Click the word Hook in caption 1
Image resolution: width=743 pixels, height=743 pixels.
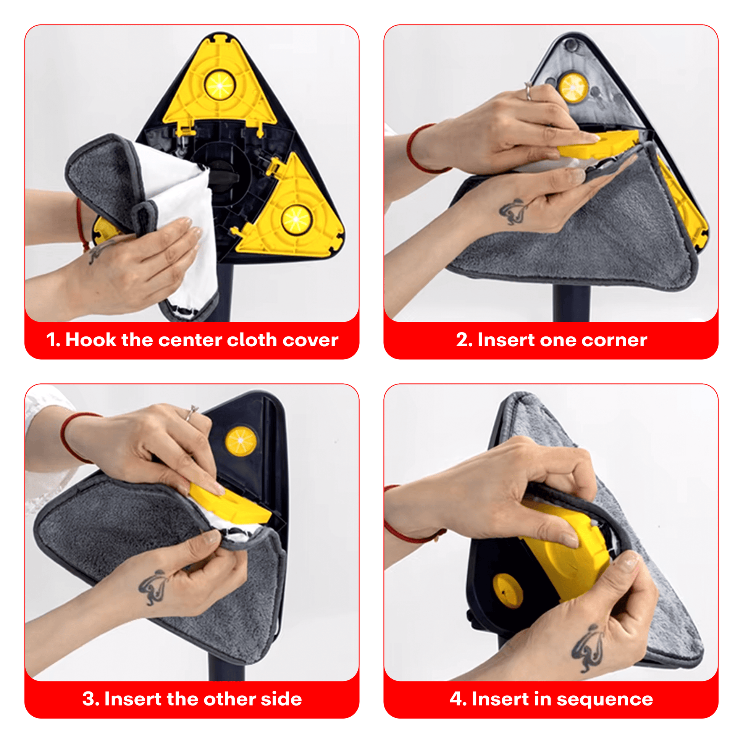(x=91, y=340)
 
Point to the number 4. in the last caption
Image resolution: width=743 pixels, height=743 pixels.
(x=458, y=699)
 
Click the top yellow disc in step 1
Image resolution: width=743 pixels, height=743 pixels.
(x=220, y=85)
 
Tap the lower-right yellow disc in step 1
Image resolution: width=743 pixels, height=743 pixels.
(x=296, y=220)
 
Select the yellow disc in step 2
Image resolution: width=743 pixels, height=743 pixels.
(x=573, y=88)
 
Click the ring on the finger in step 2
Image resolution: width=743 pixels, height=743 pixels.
(x=528, y=91)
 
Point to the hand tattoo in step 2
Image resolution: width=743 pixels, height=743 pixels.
(x=512, y=211)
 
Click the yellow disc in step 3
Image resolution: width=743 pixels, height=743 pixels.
(x=241, y=441)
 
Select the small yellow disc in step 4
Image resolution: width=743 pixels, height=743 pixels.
(x=507, y=591)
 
